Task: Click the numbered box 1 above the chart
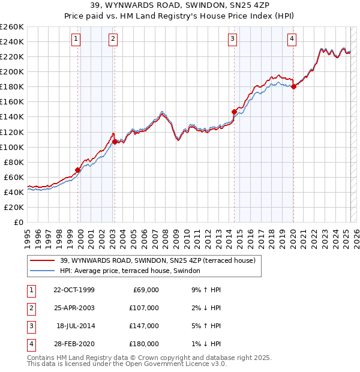pos(77,40)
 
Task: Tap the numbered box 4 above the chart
pos(292,40)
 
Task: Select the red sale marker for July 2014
pos(234,111)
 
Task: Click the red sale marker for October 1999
pos(78,170)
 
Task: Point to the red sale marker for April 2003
pos(115,142)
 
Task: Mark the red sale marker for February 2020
pos(293,86)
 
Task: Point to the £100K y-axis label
pos(11,147)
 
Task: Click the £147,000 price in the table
pos(145,326)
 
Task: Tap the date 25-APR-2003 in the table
pos(74,308)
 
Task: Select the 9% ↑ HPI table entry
pos(204,290)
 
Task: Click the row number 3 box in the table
pos(30,326)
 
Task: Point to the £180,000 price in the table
pos(145,344)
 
